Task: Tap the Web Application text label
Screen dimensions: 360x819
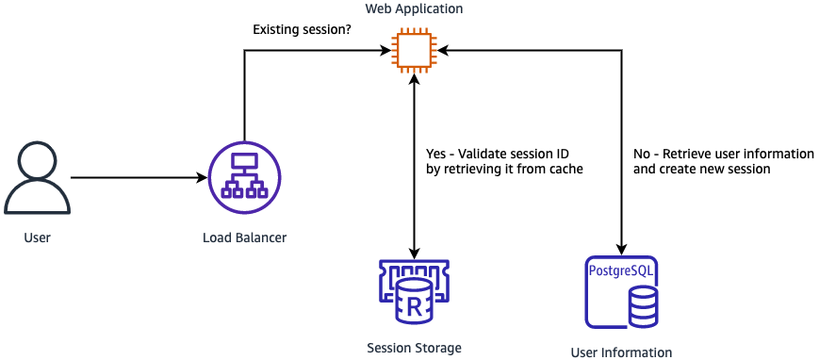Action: point(415,8)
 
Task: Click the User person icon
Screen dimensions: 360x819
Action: point(37,178)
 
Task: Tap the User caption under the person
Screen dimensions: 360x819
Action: point(37,238)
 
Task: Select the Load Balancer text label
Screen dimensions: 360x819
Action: point(244,238)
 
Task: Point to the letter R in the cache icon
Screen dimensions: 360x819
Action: point(414,304)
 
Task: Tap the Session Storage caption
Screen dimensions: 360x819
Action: point(414,348)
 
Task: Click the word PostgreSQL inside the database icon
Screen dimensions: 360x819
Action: point(621,271)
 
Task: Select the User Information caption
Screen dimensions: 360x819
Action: point(621,352)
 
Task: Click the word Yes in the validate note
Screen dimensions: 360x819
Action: point(436,154)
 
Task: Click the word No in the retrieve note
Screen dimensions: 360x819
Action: point(642,154)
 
